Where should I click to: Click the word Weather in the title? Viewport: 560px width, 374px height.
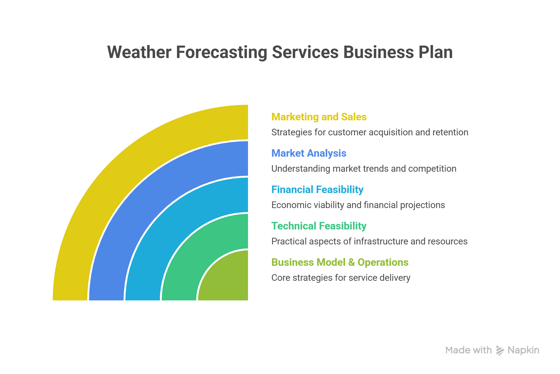[x=139, y=52]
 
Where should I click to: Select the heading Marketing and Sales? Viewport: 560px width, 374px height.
[x=319, y=117]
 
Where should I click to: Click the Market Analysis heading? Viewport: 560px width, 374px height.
[x=309, y=153]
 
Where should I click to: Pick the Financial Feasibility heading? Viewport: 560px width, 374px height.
[x=317, y=190]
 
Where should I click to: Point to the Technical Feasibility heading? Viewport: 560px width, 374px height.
[x=319, y=226]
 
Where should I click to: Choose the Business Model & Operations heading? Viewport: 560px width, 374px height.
[x=340, y=262]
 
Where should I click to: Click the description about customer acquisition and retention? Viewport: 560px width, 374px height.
[x=370, y=132]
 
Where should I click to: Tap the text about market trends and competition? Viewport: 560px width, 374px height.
[x=364, y=169]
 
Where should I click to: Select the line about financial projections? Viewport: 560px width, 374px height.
[x=358, y=205]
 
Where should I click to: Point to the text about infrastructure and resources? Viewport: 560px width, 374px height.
[x=369, y=241]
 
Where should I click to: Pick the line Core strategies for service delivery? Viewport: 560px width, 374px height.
[x=341, y=278]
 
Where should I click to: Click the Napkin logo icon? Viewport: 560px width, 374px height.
[x=500, y=350]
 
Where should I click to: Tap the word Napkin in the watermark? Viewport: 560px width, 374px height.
[x=523, y=350]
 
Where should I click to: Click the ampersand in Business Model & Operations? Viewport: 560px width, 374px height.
[x=351, y=262]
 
